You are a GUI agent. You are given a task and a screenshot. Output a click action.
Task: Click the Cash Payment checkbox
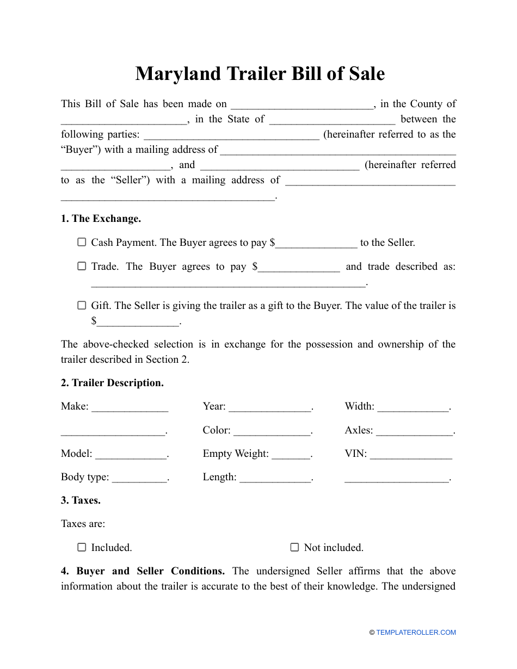82,243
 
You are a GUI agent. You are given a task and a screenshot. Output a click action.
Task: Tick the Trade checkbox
82,267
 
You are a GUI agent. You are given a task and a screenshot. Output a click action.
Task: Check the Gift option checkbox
82,306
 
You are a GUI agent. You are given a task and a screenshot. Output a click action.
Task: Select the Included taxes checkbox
82,548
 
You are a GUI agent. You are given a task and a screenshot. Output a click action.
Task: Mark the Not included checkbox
294,548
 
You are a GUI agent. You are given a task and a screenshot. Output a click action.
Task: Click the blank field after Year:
269,407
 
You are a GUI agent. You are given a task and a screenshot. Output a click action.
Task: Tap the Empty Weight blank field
291,455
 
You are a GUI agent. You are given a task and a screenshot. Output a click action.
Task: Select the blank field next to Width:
413,407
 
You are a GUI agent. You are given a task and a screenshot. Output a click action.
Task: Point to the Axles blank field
414,431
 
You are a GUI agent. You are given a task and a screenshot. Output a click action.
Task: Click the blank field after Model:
131,455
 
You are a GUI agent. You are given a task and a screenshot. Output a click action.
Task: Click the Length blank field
275,478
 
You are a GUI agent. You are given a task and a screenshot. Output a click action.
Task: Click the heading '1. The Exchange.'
101,219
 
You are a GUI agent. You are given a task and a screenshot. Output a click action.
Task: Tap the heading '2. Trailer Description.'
112,383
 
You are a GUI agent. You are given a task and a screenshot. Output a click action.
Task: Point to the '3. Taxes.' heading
81,500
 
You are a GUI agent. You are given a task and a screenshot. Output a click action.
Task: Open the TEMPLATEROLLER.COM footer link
416,633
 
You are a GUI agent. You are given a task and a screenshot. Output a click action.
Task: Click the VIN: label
356,454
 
